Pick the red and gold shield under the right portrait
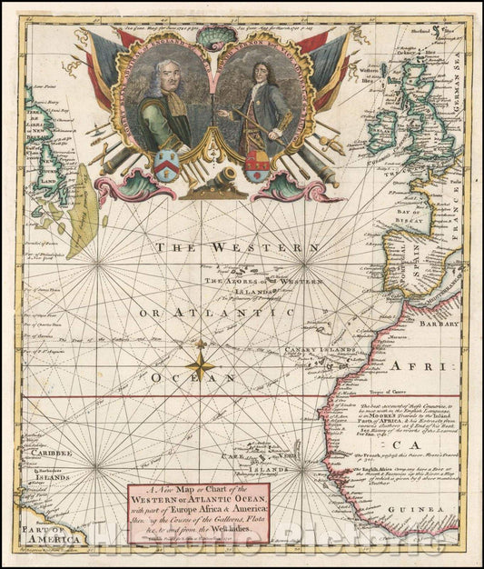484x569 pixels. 257,166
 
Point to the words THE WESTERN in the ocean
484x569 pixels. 235,247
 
